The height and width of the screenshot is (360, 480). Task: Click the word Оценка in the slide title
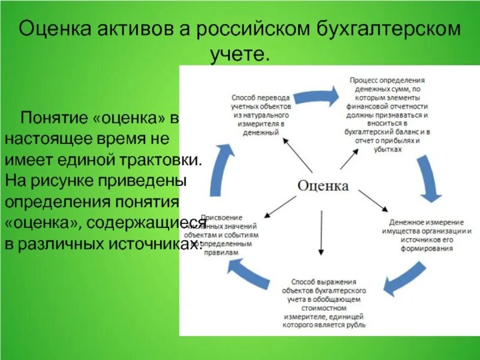[55, 29]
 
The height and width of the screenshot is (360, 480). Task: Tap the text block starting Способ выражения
[324, 302]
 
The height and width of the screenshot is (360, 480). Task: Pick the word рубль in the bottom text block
[353, 325]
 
